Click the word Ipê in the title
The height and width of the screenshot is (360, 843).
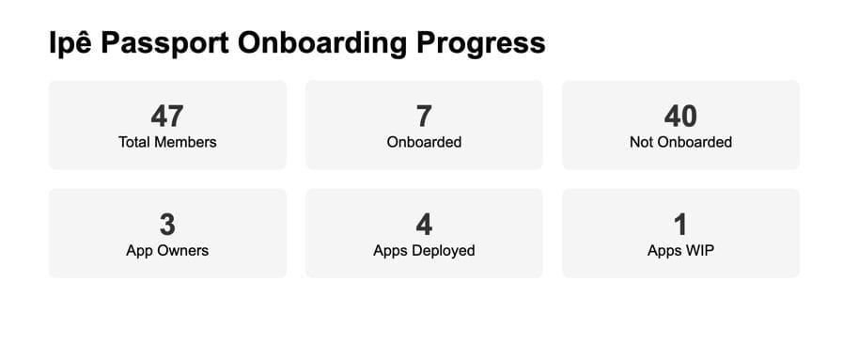[x=70, y=43]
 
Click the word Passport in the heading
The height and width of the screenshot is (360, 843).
[x=165, y=43]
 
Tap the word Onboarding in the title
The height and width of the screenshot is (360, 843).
[x=322, y=43]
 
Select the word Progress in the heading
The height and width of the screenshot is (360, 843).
[x=480, y=44]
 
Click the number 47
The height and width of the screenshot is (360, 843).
[x=167, y=116]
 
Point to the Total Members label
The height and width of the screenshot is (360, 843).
[x=167, y=142]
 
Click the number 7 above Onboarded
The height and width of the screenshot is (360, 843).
[x=424, y=116]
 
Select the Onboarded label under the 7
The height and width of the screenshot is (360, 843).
[x=424, y=142]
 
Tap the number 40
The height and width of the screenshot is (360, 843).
[x=680, y=116]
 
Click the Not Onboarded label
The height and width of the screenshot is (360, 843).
[x=680, y=142]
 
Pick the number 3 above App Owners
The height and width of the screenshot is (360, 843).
[x=167, y=225]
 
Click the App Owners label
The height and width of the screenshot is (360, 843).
[x=167, y=250]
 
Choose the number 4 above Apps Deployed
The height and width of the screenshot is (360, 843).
[x=424, y=225]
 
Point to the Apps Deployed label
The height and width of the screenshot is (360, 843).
[x=424, y=250]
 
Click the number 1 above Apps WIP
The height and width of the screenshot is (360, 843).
[x=680, y=225]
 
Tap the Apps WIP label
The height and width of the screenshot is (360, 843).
[x=680, y=250]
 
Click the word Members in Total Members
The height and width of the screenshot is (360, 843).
[x=186, y=142]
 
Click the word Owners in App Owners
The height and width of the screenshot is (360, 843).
[x=184, y=250]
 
